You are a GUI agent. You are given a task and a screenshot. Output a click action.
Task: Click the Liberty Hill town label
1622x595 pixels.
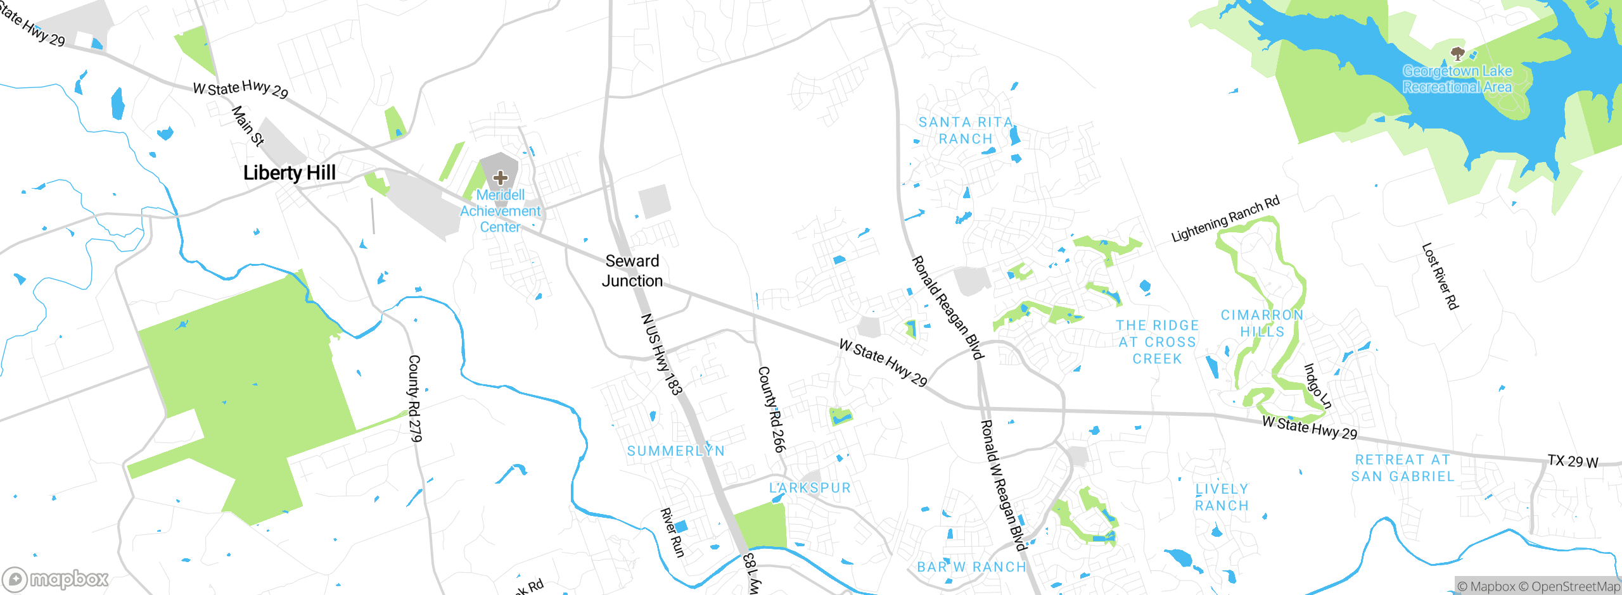click(290, 173)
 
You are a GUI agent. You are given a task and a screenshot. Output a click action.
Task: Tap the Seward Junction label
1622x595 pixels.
click(632, 271)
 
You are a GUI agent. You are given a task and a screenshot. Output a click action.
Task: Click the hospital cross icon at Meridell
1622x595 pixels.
click(501, 178)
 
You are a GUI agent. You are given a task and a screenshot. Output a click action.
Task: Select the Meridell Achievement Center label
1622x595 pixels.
click(501, 211)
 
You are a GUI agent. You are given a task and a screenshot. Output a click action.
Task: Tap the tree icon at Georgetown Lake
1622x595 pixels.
click(1457, 53)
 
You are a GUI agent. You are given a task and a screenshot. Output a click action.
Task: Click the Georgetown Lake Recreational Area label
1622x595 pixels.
click(1457, 79)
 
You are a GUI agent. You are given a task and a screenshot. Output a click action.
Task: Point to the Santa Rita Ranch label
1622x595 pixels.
click(966, 130)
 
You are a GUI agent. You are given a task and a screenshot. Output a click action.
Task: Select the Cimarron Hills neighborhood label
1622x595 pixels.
click(1262, 323)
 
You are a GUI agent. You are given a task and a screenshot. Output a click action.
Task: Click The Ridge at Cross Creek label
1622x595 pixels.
click(1158, 342)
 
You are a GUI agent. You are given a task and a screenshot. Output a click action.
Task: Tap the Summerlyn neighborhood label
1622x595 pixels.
click(676, 451)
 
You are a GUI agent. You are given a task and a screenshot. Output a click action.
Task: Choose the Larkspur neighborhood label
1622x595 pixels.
click(810, 488)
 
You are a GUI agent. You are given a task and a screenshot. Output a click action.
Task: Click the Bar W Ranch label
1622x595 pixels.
click(971, 567)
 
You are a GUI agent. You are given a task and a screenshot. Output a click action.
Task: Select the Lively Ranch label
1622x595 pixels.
click(1222, 497)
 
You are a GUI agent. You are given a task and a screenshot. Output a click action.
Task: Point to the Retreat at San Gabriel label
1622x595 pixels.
click(1403, 468)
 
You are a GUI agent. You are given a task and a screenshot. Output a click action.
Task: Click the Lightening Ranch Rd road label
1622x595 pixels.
click(1225, 219)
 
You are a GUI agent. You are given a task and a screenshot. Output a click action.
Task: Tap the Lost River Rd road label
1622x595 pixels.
click(1440, 277)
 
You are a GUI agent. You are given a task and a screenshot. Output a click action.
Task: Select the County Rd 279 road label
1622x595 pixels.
click(414, 398)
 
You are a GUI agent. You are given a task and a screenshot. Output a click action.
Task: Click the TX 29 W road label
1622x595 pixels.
click(1573, 461)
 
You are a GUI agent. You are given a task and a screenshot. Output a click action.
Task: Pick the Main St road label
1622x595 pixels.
click(248, 126)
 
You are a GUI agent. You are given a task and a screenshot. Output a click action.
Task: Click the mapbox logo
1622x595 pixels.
click(56, 579)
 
